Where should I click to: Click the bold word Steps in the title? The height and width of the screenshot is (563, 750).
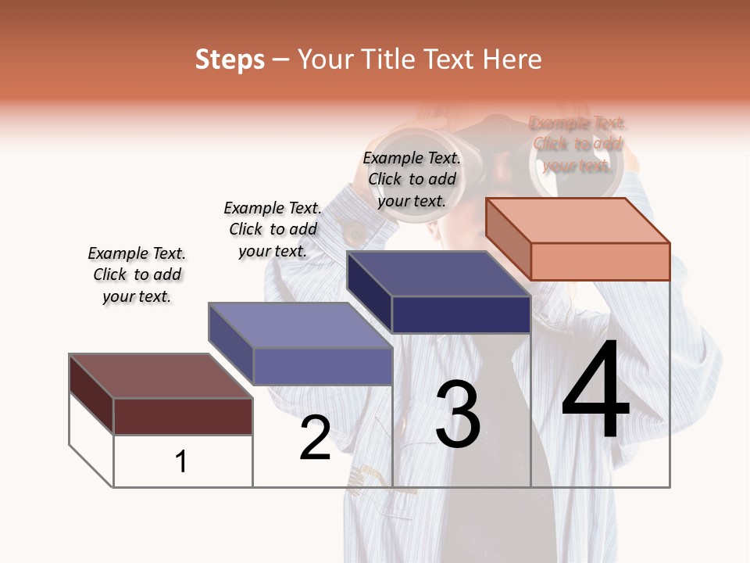point(230,59)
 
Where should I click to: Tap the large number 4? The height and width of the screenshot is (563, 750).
point(595,391)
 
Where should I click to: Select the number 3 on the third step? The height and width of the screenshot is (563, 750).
point(457,414)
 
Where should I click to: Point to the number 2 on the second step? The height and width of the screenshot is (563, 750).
point(316,438)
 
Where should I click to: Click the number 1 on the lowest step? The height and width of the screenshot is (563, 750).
point(181,461)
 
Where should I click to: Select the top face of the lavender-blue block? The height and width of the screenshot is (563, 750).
point(300,325)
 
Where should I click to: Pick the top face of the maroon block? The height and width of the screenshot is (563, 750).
point(161,376)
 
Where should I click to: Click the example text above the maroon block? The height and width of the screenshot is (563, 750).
point(137,274)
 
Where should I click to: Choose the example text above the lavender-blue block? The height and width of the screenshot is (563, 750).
point(273,229)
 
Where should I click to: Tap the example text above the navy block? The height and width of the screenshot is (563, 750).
point(412,179)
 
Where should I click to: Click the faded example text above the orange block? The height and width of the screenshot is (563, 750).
point(577,144)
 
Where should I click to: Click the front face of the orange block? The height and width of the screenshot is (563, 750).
point(600,261)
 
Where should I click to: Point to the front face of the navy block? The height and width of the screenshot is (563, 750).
point(461,314)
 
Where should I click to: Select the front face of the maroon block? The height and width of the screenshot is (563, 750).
point(183,416)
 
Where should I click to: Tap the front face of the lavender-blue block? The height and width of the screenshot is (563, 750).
point(322,366)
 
